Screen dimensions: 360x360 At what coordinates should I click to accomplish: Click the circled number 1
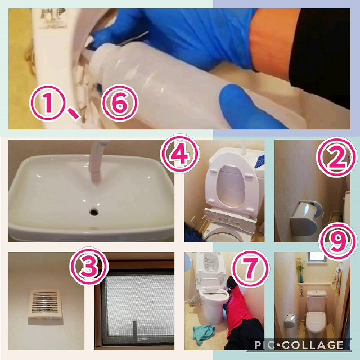(x=48, y=103)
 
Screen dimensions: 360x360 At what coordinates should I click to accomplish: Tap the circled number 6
(x=120, y=103)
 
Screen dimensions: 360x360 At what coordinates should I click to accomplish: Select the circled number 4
(x=179, y=154)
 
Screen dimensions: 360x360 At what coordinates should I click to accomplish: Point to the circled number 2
(x=336, y=157)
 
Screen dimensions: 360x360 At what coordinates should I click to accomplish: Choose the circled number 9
(x=337, y=241)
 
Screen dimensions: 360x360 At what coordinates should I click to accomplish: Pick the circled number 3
(x=89, y=266)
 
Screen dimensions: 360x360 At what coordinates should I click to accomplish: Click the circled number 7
(x=250, y=268)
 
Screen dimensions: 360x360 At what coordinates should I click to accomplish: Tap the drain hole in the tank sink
(x=94, y=211)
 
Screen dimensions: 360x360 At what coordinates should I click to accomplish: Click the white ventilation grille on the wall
(x=44, y=304)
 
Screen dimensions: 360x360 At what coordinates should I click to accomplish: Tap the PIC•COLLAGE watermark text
(x=299, y=345)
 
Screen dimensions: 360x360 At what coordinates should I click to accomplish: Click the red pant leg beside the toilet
(x=240, y=305)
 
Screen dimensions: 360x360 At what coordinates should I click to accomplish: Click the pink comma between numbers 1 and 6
(x=74, y=114)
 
